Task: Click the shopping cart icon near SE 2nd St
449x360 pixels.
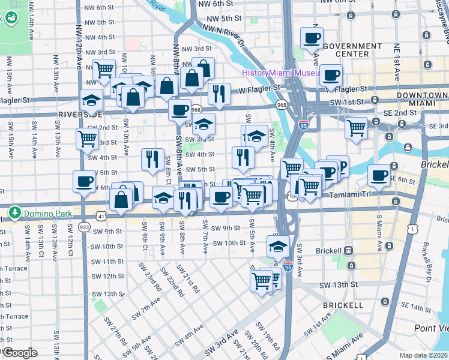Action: pos(357,127)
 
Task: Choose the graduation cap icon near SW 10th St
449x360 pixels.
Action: pos(278,245)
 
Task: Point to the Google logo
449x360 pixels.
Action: pos(20,353)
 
